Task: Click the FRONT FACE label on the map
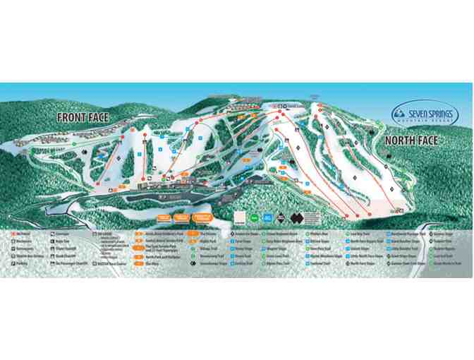[83, 117]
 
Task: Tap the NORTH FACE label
[411, 140]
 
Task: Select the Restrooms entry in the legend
[23, 240]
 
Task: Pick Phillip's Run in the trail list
[319, 233]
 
